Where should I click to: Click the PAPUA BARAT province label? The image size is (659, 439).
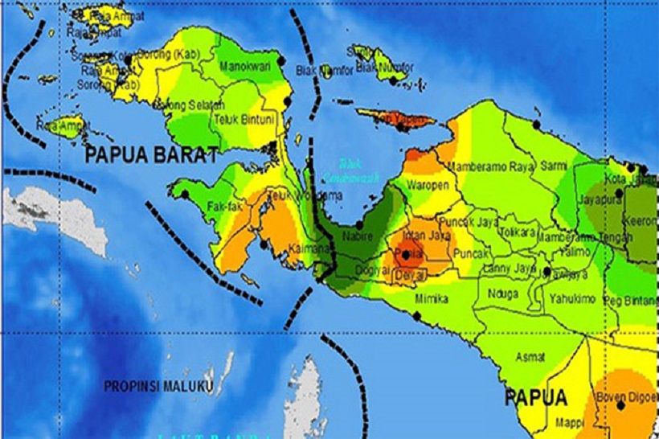point(151,154)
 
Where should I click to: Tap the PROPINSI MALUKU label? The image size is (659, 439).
point(158,387)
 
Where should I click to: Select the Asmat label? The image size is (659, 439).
point(530,356)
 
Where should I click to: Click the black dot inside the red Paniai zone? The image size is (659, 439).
point(405,256)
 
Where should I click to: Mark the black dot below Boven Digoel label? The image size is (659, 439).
point(620,406)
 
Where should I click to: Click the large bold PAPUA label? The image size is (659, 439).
point(536,397)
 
